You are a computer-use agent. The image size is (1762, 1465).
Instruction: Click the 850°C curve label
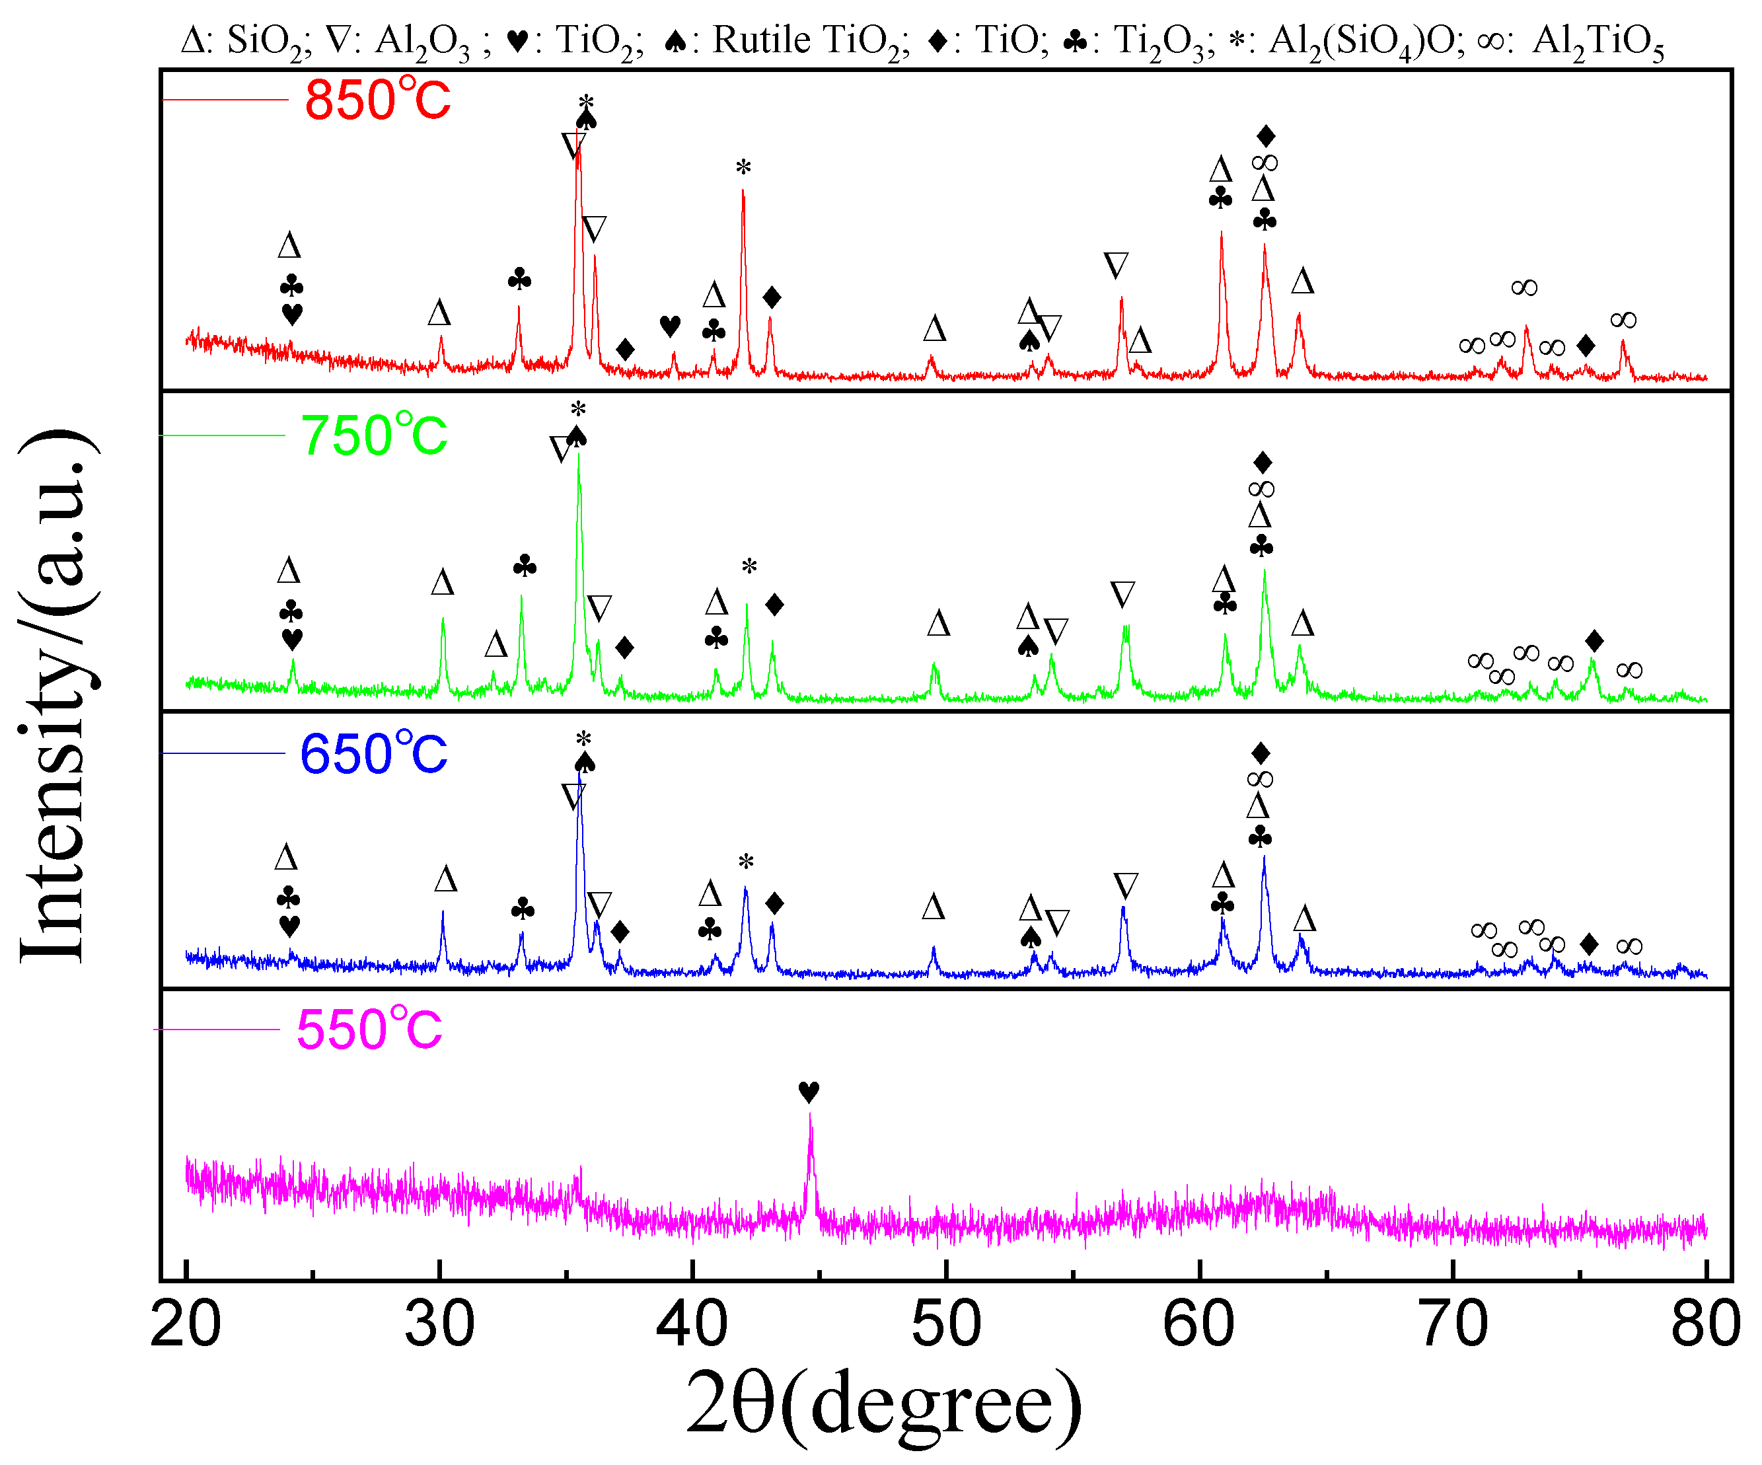[378, 100]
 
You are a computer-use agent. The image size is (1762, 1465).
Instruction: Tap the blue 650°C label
[374, 753]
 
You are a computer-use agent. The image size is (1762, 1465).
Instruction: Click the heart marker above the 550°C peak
[809, 1092]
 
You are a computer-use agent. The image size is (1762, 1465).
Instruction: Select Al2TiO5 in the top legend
[1597, 40]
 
